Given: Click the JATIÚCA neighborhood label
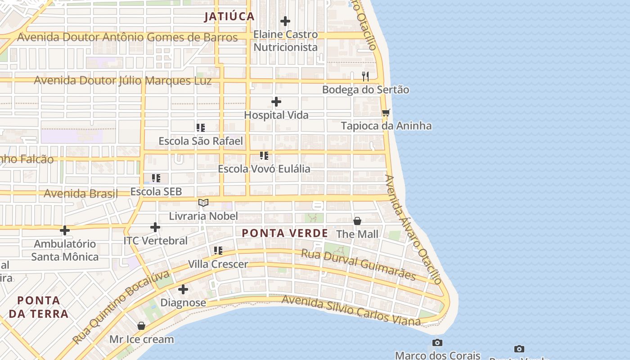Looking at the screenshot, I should (x=229, y=17).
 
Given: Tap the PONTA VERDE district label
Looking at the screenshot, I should (x=285, y=233).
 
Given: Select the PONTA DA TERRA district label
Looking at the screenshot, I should (x=38, y=307).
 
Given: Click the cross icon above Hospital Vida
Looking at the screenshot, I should (x=276, y=102).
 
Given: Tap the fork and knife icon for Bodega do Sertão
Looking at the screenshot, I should (x=365, y=76).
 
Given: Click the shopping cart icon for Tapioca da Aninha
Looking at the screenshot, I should (x=386, y=112).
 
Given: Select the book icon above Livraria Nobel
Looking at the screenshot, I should (x=203, y=203).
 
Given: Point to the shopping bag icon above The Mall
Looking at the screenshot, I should (x=357, y=221).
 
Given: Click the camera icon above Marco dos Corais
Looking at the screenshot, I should (x=437, y=343).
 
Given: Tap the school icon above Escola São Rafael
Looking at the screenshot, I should (x=201, y=128).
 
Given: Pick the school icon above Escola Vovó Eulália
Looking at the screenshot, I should (x=264, y=156).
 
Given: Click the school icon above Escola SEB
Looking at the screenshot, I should (x=156, y=178).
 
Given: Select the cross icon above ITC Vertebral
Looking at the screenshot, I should (x=155, y=227).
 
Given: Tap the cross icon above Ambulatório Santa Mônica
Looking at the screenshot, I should (x=65, y=230).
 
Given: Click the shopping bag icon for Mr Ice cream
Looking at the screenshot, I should (x=141, y=326).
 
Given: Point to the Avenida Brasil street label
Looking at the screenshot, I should (x=81, y=193).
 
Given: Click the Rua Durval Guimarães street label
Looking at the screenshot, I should (x=358, y=265).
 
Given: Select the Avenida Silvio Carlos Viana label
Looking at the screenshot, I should (x=351, y=310).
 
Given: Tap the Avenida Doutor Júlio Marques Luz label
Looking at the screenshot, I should (x=122, y=81).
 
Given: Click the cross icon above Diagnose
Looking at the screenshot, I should (x=183, y=289).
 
